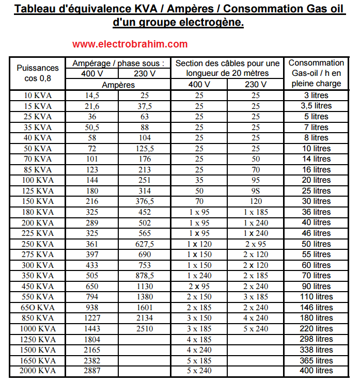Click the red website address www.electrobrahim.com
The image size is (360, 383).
(x=130, y=44)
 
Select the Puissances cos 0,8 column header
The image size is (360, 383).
(x=38, y=73)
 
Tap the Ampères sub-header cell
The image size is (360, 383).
(x=119, y=85)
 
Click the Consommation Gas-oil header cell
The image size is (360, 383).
(x=316, y=73)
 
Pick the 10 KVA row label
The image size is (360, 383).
(x=38, y=95)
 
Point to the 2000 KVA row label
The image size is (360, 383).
(x=38, y=371)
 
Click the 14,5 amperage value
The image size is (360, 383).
(x=92, y=95)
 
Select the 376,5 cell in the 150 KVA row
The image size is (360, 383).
(x=145, y=201)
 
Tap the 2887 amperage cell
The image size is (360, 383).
(x=92, y=371)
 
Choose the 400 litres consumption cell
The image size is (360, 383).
(x=316, y=371)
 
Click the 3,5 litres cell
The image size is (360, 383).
(x=316, y=106)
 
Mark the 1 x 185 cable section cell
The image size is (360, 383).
(x=256, y=212)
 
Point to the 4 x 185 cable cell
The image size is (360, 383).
(x=199, y=339)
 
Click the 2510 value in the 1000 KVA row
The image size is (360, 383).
(x=145, y=328)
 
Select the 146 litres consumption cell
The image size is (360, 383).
(x=316, y=307)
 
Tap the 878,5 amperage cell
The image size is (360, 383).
(x=145, y=276)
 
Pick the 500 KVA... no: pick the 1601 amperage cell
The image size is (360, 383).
(x=145, y=307)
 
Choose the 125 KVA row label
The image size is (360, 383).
(x=38, y=191)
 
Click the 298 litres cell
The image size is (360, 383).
(x=316, y=339)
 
